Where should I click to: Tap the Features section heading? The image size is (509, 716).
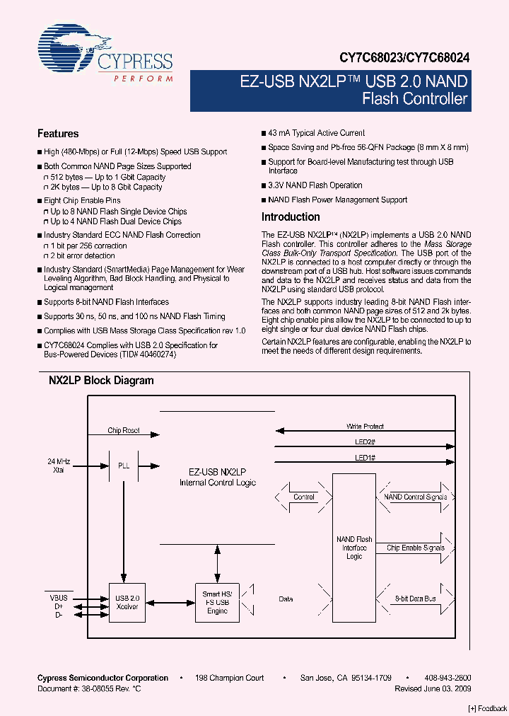pyautogui.click(x=58, y=134)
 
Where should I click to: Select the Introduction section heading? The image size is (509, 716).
pyautogui.click(x=291, y=217)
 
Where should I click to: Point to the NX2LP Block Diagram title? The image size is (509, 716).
pyautogui.click(x=101, y=380)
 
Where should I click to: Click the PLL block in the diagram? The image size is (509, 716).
pyautogui.click(x=124, y=466)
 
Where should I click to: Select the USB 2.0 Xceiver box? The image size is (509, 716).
pyautogui.click(x=128, y=602)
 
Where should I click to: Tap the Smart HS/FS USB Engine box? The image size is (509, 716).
pyautogui.click(x=217, y=602)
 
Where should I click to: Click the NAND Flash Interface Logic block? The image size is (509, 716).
pyautogui.click(x=354, y=548)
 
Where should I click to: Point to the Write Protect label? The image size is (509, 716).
pyautogui.click(x=365, y=427)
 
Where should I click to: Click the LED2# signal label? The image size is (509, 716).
pyautogui.click(x=365, y=442)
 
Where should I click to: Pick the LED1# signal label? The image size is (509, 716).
pyautogui.click(x=365, y=458)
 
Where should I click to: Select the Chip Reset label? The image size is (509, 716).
pyautogui.click(x=124, y=430)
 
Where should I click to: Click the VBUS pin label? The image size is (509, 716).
pyautogui.click(x=59, y=597)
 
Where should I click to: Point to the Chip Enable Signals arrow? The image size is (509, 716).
pyautogui.click(x=416, y=548)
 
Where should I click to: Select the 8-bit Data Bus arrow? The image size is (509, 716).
pyautogui.click(x=416, y=599)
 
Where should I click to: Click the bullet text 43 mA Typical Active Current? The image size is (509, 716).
pyautogui.click(x=316, y=133)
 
